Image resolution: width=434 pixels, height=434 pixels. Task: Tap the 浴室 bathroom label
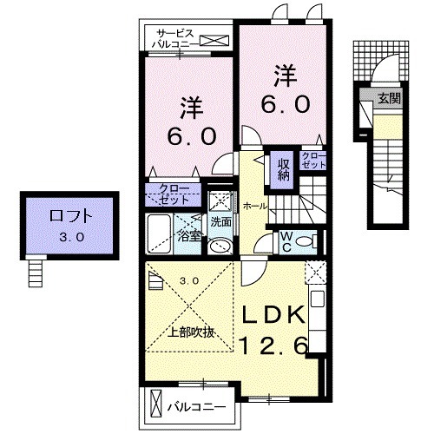click(x=189, y=234)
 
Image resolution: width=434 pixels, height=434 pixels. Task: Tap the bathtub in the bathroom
click(x=161, y=233)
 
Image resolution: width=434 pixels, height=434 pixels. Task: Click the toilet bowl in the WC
click(x=306, y=241)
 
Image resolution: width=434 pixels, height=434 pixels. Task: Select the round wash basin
click(x=220, y=243)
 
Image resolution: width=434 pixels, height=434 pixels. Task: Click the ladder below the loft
click(x=35, y=273)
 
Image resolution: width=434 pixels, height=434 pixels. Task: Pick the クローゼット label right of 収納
click(x=313, y=160)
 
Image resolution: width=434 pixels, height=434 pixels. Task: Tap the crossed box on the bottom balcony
click(x=156, y=405)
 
